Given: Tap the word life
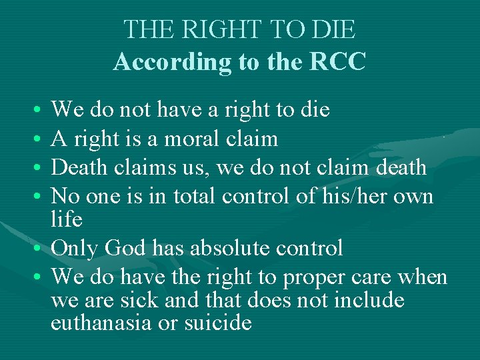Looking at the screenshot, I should point(67,219).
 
